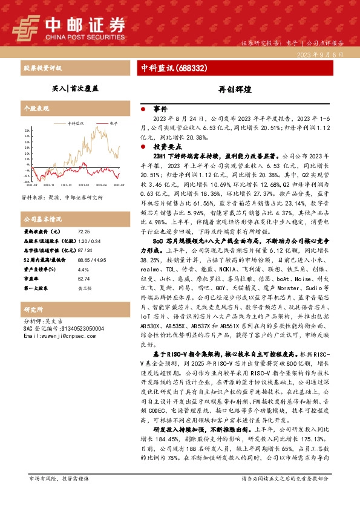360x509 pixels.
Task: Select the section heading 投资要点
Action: point(165,147)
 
